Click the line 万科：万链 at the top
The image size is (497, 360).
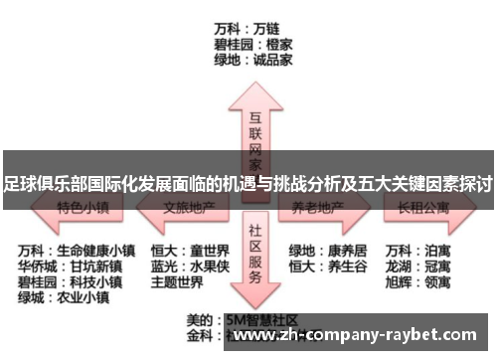248,28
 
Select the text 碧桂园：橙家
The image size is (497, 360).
252,44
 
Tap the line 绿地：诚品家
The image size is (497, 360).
252,60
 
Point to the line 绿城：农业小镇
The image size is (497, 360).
63,297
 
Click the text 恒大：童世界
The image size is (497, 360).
190,250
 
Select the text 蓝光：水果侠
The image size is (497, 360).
190,266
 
